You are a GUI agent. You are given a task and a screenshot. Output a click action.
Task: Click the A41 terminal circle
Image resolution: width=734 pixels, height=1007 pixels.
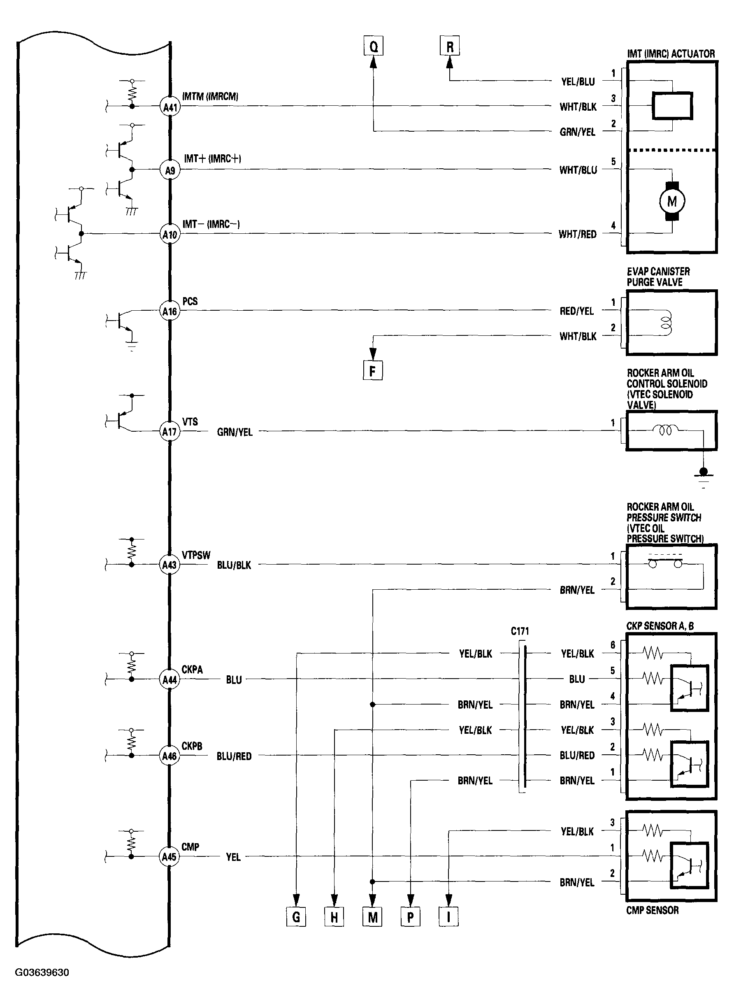[x=170, y=107]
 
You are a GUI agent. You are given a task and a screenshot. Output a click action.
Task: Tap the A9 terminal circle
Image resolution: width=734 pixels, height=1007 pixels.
[x=170, y=170]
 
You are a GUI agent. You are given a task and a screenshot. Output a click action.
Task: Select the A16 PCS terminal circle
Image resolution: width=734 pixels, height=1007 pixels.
[x=170, y=311]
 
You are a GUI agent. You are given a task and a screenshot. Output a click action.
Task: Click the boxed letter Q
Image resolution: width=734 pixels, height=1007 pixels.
[x=373, y=46]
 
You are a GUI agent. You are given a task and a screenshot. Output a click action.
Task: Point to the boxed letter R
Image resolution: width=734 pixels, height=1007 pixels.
[x=450, y=46]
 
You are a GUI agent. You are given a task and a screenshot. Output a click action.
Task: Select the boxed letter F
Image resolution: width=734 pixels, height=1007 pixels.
[x=373, y=370]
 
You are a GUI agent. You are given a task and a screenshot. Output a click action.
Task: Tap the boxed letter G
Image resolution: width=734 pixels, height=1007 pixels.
[x=296, y=917]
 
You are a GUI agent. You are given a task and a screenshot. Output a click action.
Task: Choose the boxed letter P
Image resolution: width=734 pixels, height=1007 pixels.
[x=411, y=917]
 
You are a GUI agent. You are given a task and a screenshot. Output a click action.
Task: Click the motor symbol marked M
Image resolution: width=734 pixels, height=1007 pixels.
[x=672, y=201]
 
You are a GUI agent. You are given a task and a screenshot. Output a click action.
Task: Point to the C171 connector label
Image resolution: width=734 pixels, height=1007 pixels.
[x=520, y=631]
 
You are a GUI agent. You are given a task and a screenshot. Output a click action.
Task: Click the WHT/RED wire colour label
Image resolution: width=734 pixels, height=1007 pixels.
[x=578, y=234]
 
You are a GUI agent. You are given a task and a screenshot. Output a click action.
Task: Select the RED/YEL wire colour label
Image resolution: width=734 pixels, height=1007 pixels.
[x=577, y=311]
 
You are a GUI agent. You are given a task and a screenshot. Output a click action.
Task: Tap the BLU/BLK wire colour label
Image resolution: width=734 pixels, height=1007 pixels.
[x=234, y=565]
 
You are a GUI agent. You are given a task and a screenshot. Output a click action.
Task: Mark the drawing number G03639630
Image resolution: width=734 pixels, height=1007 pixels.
[x=42, y=972]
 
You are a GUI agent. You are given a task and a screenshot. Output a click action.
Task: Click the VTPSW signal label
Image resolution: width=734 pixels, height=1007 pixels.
[x=196, y=555]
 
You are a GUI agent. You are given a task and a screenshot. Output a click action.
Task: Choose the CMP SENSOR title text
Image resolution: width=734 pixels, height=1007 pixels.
[x=652, y=910]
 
